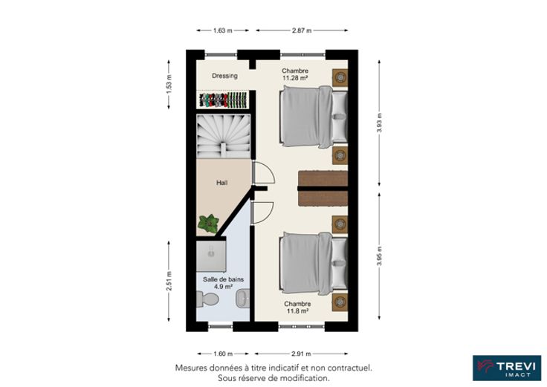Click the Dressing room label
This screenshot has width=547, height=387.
click(224, 76)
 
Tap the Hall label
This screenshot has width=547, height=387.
click(222, 183)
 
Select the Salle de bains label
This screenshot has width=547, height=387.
click(223, 279)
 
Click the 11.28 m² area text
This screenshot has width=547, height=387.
click(295, 78)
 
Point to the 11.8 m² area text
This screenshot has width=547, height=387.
click(297, 311)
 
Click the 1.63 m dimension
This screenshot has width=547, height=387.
click(222, 30)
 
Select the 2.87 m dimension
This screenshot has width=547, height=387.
click(302, 30)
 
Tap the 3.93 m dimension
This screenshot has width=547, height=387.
click(380, 123)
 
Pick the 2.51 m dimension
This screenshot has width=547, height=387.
click(169, 281)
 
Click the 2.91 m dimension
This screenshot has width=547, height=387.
click(301, 354)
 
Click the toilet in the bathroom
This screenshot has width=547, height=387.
click(207, 299)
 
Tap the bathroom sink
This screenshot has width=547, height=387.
click(243, 299)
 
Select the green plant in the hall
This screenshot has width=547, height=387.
click(208, 224)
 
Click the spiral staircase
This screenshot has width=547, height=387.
click(223, 136)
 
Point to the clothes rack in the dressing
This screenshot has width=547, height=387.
click(223, 100)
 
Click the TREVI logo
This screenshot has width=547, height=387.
click(507, 368)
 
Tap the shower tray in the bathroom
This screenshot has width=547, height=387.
click(211, 256)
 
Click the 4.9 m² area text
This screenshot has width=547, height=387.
click(223, 287)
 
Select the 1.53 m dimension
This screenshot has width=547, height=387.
click(169, 85)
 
